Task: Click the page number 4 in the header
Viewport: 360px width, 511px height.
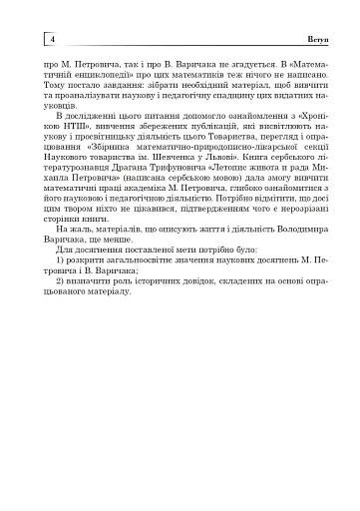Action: tap(51, 38)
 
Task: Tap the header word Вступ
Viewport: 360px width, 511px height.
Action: tap(302, 38)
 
